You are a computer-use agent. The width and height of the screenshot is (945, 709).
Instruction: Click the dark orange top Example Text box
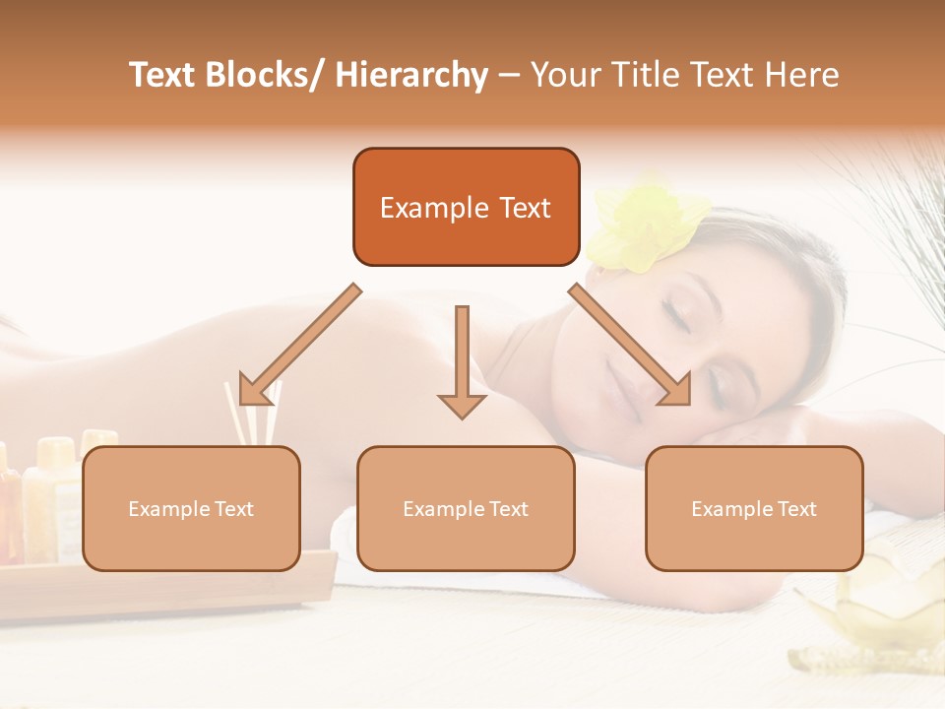pos(466,207)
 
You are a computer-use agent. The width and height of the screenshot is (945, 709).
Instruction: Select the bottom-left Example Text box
pos(191,508)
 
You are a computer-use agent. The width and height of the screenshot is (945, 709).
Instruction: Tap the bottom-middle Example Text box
pos(466,508)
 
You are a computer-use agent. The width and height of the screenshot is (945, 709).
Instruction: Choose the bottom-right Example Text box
pos(754,508)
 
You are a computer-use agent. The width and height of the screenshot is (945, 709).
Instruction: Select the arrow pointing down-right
pos(630,345)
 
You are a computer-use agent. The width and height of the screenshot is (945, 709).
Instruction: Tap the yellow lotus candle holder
pos(887,601)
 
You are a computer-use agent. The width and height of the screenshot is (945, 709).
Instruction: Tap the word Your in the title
pos(561,75)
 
